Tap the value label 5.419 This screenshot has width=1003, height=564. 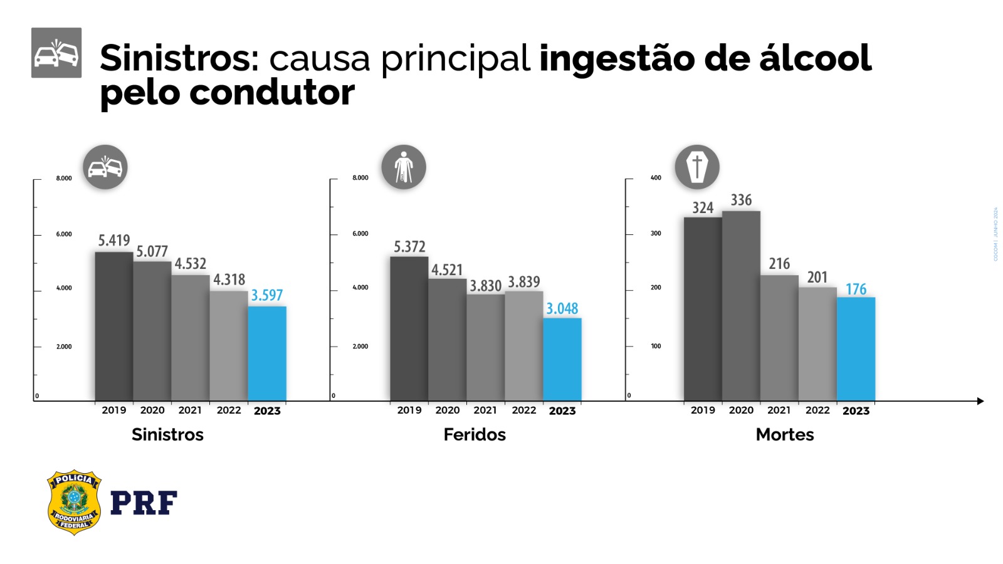114,241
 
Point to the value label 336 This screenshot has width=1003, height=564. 741,200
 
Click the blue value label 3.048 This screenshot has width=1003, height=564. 562,308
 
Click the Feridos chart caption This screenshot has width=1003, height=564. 475,434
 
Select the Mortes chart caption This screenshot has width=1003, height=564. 785,434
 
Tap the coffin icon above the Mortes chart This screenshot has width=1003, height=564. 697,167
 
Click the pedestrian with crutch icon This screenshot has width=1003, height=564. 404,167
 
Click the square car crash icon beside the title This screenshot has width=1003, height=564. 56,53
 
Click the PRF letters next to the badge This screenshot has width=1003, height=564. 144,503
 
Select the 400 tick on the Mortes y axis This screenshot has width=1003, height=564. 656,178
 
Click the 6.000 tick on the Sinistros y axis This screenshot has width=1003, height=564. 64,234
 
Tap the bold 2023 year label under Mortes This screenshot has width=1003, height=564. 856,410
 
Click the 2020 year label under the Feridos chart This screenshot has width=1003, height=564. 448,410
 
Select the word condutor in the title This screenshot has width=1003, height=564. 272,93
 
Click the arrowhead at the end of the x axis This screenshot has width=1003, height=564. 980,401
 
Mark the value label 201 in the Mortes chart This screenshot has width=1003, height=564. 817,277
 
